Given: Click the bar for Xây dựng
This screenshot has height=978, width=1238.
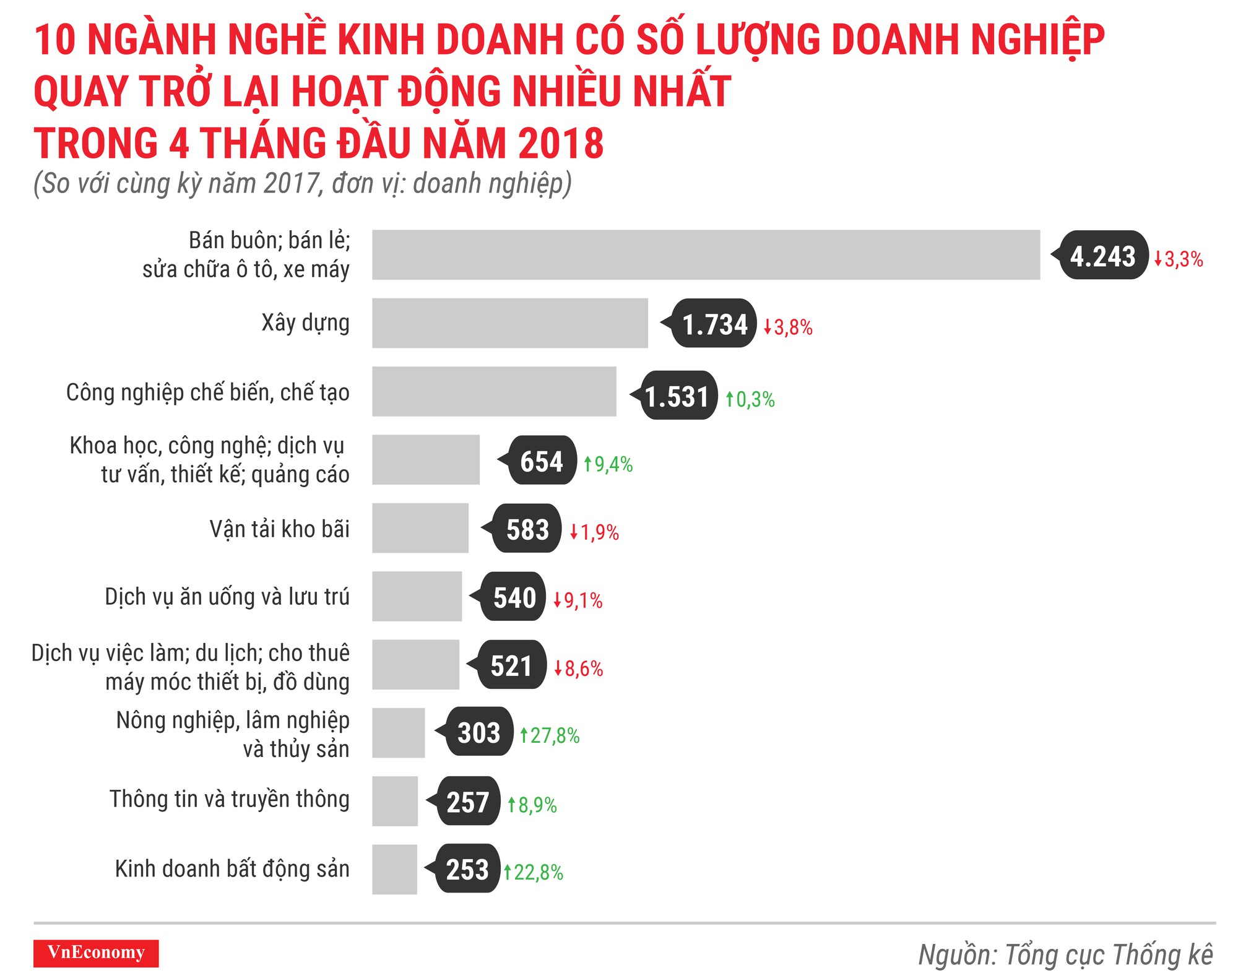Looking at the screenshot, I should click(x=509, y=323).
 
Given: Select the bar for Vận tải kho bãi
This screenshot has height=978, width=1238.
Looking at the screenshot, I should click(x=420, y=528).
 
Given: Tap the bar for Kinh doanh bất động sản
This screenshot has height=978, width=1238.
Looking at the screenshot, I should click(x=394, y=869).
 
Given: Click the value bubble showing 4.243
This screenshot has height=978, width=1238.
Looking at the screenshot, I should click(x=1103, y=256).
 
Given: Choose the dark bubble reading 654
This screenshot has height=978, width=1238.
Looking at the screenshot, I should click(x=542, y=461).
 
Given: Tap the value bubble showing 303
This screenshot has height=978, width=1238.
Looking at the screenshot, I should click(x=478, y=733).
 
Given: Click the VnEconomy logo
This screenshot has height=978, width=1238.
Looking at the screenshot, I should click(x=96, y=953).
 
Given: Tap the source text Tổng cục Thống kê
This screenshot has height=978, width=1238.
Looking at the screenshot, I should click(x=1108, y=954).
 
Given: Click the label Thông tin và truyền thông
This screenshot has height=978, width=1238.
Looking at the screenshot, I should click(x=230, y=798).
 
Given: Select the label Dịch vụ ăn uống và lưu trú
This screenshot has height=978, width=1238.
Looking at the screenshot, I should click(x=227, y=596).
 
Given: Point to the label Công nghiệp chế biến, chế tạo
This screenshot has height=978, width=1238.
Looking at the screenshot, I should click(x=207, y=392).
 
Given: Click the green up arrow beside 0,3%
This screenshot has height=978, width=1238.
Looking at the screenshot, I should click(x=730, y=399).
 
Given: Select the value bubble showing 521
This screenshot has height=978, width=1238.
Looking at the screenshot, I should click(x=511, y=666).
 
